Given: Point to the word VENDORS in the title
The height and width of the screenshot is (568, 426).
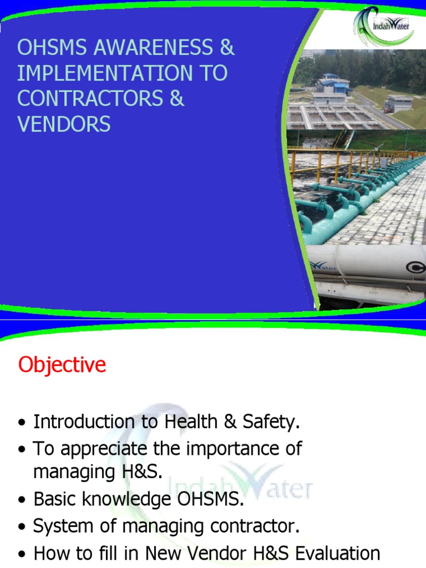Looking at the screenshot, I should click(x=64, y=124).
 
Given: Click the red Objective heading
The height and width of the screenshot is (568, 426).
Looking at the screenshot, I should click(x=62, y=365).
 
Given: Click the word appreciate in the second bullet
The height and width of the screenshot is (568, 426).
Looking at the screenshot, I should click(x=99, y=449).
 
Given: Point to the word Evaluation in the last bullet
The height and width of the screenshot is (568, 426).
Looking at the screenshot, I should click(x=333, y=552).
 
